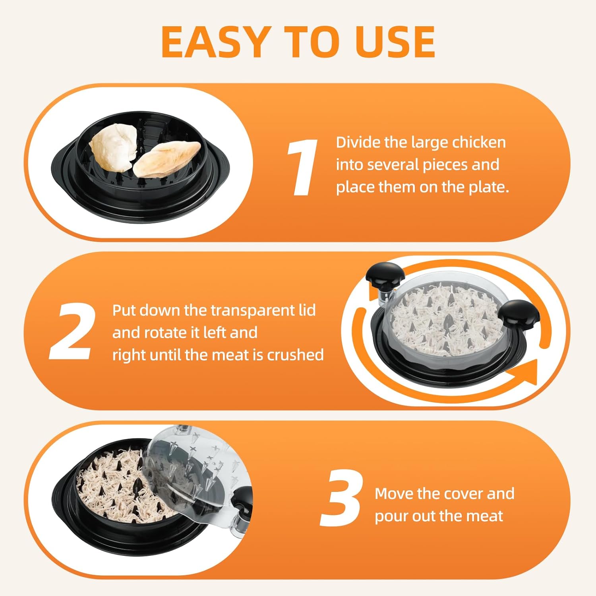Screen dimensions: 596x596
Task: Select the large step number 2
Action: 72,332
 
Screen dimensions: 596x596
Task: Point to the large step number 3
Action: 341,498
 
